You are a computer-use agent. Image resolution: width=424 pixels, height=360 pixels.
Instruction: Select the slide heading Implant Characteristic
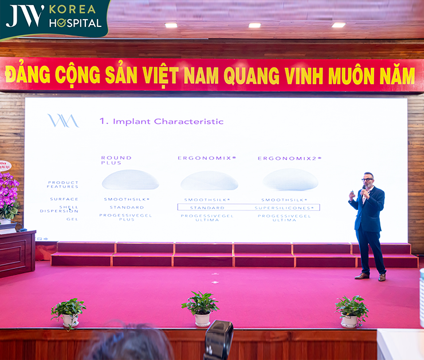pyautogui.click(x=162, y=122)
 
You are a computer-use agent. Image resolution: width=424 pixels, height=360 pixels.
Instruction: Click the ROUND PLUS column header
pyautogui.click(x=116, y=160)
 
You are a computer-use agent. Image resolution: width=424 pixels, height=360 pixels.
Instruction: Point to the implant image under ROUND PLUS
pyautogui.click(x=130, y=180)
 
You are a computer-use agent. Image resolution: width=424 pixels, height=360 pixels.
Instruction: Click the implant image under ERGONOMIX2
pyautogui.click(x=290, y=179)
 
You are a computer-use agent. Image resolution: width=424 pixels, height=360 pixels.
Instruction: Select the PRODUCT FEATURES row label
pyautogui.click(x=63, y=185)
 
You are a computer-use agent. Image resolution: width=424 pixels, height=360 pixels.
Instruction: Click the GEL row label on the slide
pyautogui.click(x=72, y=219)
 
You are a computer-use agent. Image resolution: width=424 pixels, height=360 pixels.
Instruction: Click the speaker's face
pyautogui.click(x=367, y=180)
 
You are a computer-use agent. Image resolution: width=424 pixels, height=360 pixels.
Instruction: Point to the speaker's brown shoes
pyautogui.click(x=370, y=276)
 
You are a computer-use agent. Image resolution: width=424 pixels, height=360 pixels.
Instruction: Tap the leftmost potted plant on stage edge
pyautogui.click(x=69, y=311)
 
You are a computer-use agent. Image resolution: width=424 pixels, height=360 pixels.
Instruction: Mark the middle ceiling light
pyautogui.click(x=254, y=25)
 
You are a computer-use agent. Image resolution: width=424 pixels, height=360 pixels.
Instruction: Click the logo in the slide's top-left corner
pyautogui.click(x=62, y=120)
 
